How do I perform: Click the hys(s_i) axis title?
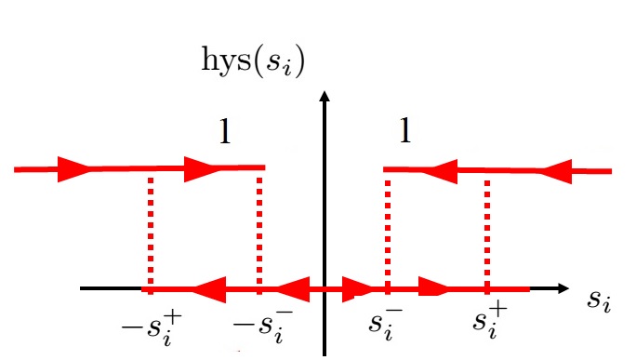pyautogui.click(x=254, y=61)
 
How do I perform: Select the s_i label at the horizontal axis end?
pyautogui.click(x=600, y=300)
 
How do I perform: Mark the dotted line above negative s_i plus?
pyautogui.click(x=150, y=228)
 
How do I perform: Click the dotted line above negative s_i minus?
pyautogui.click(x=259, y=228)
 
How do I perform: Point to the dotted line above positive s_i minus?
pyautogui.click(x=388, y=228)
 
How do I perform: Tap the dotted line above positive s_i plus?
pyautogui.click(x=486, y=228)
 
